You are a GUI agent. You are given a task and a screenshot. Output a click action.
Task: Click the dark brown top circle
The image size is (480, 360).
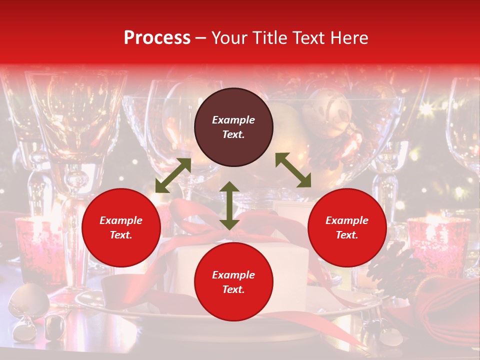[233, 127]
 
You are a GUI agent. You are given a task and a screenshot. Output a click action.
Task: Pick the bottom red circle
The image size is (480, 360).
[233, 282]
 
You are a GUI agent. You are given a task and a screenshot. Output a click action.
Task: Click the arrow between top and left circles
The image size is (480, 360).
[173, 175]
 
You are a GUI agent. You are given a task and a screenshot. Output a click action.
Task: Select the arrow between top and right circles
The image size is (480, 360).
[293, 170]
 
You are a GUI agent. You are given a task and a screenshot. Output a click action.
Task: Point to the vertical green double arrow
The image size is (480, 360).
[229, 205]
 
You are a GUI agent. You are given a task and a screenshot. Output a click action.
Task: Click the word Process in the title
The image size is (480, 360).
[157, 37]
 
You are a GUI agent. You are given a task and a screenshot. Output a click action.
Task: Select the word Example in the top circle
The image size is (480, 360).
[233, 120]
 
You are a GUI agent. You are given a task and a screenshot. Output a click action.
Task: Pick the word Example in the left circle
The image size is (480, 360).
[121, 220]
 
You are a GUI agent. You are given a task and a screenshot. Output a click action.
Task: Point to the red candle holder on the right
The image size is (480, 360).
[438, 245]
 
